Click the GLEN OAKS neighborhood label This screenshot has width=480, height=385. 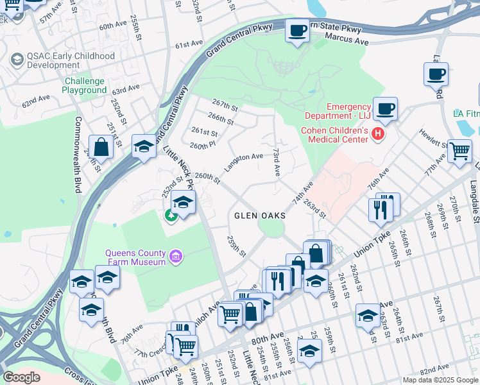pos(259,216)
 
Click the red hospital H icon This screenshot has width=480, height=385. pos(378,134)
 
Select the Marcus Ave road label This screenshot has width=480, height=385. pos(347,40)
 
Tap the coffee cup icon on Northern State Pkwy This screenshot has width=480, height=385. pos(297,30)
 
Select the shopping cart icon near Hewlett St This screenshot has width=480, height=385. pos(459,151)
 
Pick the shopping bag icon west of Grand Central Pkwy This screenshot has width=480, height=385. pos(101,147)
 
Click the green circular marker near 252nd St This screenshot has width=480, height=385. pos(171,215)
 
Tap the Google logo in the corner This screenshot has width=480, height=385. pos(21,377)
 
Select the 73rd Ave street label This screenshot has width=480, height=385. pos(277,164)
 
